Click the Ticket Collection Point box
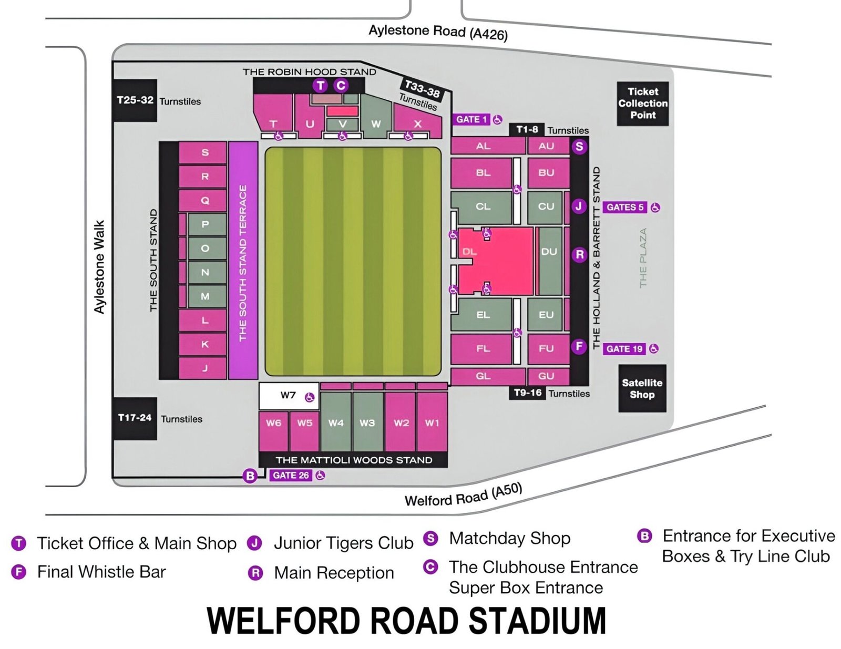click(x=642, y=103)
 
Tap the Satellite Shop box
click(x=642, y=388)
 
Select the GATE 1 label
click(x=471, y=119)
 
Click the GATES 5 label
click(x=624, y=207)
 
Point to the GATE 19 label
click(x=624, y=348)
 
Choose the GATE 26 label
click(x=291, y=475)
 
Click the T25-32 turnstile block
click(x=135, y=100)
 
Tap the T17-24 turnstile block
click(x=135, y=418)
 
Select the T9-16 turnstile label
click(x=527, y=393)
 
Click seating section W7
click(x=289, y=396)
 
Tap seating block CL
click(x=482, y=207)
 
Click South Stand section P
click(x=206, y=224)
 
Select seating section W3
click(x=367, y=422)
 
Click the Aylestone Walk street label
click(x=99, y=267)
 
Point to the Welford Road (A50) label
click(x=463, y=495)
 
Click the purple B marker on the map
click(x=250, y=476)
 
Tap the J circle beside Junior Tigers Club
click(x=255, y=543)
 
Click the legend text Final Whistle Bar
click(x=101, y=571)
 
